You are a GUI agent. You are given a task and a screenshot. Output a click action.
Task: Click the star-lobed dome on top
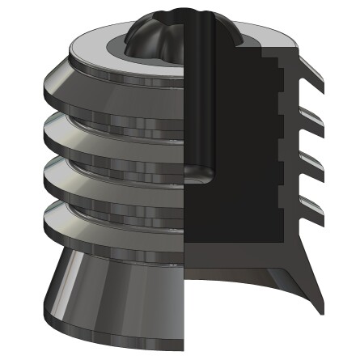point(154,36)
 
